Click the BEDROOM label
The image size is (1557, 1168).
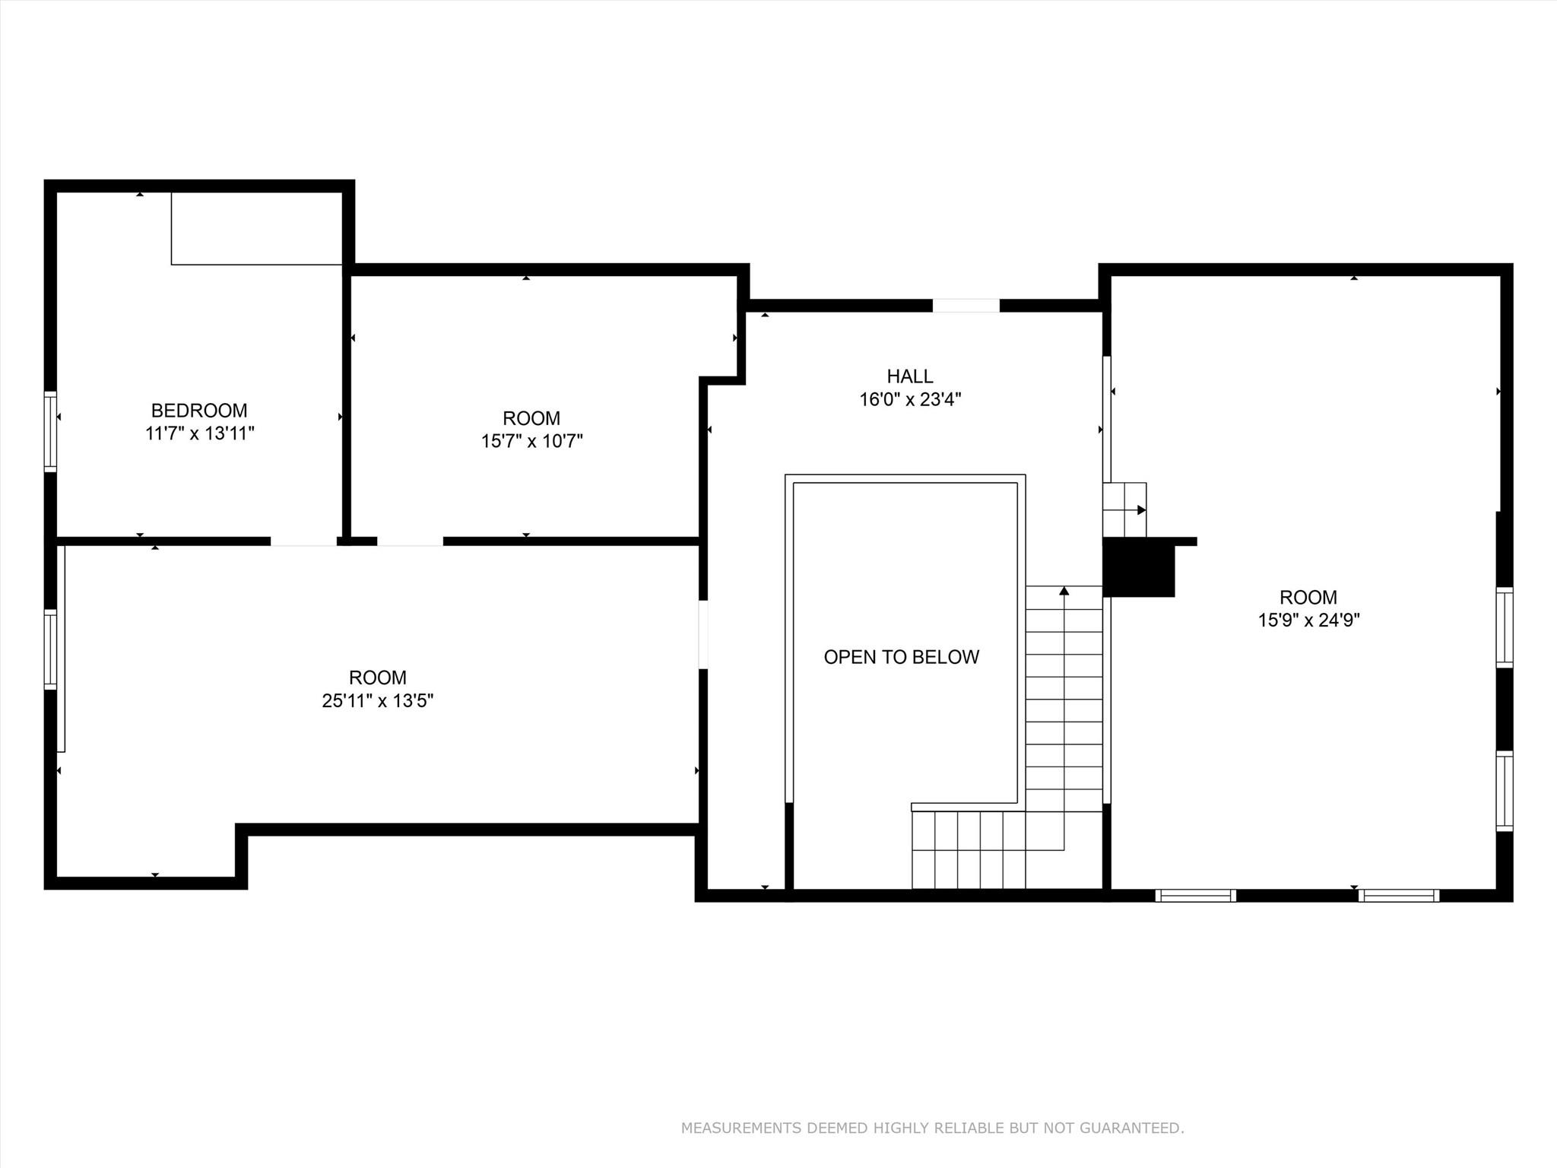point(199,411)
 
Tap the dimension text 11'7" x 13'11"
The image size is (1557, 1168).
point(199,434)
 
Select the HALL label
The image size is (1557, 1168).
point(910,376)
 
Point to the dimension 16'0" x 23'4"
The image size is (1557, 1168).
point(910,400)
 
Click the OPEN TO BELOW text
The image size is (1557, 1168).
point(901,657)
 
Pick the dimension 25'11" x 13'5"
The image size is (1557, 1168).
point(377,700)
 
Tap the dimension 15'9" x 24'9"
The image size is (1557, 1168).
point(1308,620)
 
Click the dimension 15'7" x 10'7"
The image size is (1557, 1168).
point(531,441)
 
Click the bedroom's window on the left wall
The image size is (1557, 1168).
point(50,431)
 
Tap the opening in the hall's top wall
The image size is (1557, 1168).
point(966,306)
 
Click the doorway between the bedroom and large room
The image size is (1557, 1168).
point(303,541)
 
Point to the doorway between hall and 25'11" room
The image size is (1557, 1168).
point(703,634)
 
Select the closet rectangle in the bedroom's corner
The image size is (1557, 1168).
point(256,228)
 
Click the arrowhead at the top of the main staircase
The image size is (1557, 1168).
point(1064,591)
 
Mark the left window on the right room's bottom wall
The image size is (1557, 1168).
point(1195,896)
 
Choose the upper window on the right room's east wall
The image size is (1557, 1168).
point(1505,627)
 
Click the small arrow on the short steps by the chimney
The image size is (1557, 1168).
point(1141,509)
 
